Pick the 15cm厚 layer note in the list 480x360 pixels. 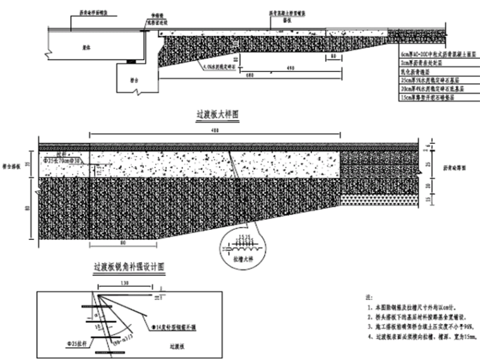[431, 98]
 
